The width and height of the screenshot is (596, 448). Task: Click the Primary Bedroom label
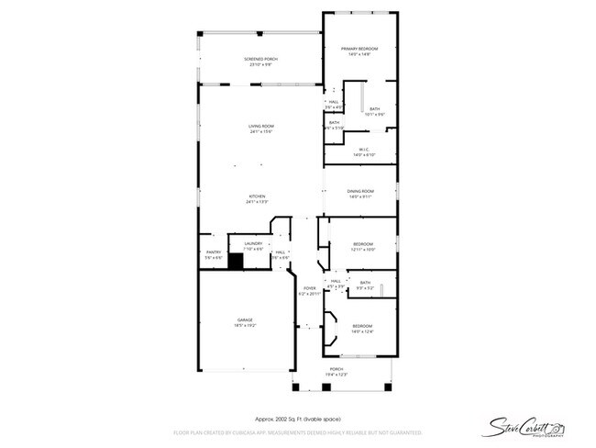click(x=359, y=51)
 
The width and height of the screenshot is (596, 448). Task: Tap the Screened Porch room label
click(x=260, y=62)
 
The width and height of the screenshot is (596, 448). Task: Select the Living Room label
click(x=260, y=129)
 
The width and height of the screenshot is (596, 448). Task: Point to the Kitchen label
click(x=258, y=199)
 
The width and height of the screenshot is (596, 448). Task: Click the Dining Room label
click(x=359, y=194)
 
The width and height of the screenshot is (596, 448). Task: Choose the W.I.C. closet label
click(x=364, y=153)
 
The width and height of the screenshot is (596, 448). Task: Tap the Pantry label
click(x=213, y=254)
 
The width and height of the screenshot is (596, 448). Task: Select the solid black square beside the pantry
click(x=235, y=262)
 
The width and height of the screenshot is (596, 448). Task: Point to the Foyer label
click(x=310, y=290)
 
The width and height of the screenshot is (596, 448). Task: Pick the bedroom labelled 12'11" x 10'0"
click(x=363, y=246)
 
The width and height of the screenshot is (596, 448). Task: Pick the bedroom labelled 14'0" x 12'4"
click(x=362, y=329)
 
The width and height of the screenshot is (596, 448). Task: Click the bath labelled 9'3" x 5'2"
click(x=365, y=285)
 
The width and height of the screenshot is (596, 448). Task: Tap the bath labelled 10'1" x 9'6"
click(x=374, y=111)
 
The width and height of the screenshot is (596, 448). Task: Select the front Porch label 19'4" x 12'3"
click(x=337, y=372)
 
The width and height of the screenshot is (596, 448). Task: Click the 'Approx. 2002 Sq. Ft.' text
click(x=298, y=416)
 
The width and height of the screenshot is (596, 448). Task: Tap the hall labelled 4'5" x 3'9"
click(x=336, y=283)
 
